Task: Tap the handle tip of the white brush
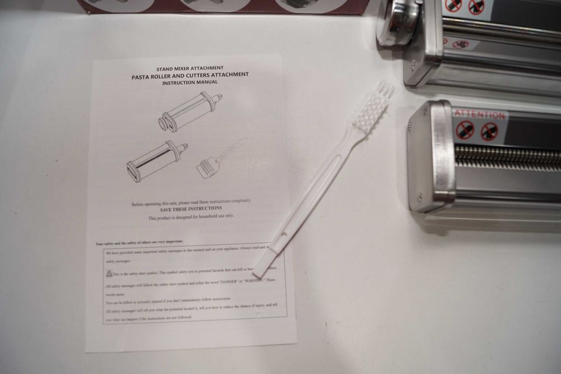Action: pos(260,270)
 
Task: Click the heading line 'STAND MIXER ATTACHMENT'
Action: pos(191,68)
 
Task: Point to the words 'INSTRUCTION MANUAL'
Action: pos(190,82)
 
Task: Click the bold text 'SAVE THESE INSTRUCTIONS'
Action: pos(191,208)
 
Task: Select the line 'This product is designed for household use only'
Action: pos(191,216)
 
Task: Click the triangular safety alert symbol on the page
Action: pos(109,274)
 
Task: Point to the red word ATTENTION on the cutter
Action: pos(480,114)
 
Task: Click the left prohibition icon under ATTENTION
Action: pos(465,130)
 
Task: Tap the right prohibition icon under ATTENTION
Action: pos(489,131)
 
